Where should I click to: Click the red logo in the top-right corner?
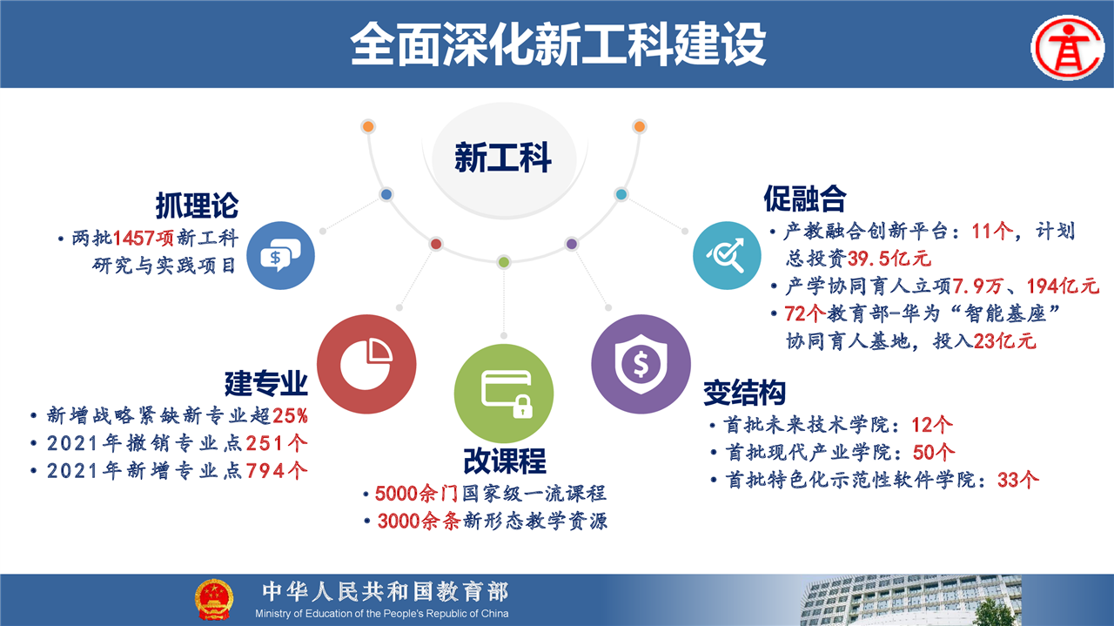(x=1067, y=48)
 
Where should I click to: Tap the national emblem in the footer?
(x=213, y=599)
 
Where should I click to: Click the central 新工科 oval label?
(x=503, y=158)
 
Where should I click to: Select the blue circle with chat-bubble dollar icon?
(x=280, y=255)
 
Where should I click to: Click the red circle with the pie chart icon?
(x=366, y=364)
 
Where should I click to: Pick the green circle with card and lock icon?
(x=504, y=394)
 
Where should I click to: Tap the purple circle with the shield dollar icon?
(x=641, y=364)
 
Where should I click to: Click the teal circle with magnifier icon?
(x=727, y=255)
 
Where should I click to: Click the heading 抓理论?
(x=198, y=205)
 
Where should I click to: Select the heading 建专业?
(x=266, y=383)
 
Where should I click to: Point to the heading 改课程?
(x=505, y=461)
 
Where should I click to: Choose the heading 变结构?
(x=744, y=393)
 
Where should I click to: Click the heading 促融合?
(x=805, y=199)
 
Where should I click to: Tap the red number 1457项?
(x=144, y=239)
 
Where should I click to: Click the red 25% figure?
(x=290, y=415)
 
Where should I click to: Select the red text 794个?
(x=277, y=471)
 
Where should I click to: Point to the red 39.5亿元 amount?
(x=889, y=259)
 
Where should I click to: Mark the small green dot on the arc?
(x=504, y=262)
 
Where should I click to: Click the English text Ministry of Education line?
(x=382, y=614)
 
